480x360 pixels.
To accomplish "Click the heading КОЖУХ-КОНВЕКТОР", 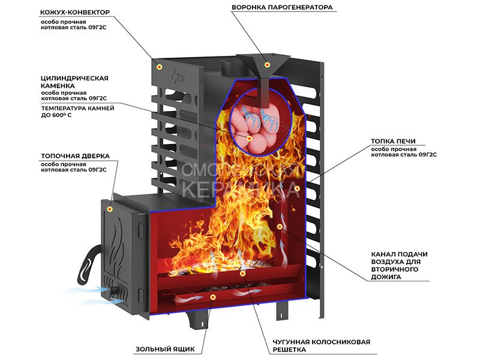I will tap(74, 12).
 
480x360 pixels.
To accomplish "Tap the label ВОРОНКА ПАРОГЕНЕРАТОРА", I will tap(281, 8).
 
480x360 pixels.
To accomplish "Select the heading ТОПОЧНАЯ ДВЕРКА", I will tap(75, 156).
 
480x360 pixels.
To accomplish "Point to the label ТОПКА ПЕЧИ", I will tap(393, 142).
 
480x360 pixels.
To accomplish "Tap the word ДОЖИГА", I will tap(386, 277).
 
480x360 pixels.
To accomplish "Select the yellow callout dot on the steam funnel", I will tap(268, 64).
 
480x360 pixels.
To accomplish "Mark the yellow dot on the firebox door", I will tap(110, 208).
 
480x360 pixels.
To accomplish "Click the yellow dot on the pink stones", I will tap(251, 139).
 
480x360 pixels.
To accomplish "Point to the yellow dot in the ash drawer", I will tap(212, 296).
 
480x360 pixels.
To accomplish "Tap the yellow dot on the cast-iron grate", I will tap(242, 274).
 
